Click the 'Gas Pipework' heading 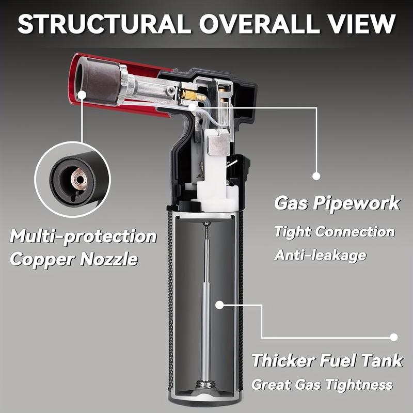(337, 203)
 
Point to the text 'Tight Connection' (334, 232)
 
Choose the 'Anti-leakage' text (320, 255)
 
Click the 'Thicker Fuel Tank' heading (327, 360)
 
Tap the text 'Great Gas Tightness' (322, 385)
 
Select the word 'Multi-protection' (83, 236)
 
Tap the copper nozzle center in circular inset (80, 180)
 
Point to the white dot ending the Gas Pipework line (316, 176)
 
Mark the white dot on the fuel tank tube (219, 305)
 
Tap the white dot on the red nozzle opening (82, 94)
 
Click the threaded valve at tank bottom (205, 385)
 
